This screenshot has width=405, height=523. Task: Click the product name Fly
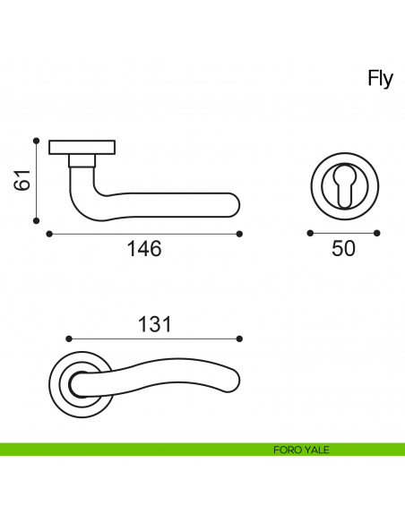click(380, 79)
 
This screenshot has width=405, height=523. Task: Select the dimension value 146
click(143, 250)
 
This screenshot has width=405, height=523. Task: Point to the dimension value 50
click(343, 249)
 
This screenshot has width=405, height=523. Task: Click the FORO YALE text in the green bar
click(301, 450)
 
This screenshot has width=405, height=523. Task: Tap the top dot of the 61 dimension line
click(36, 141)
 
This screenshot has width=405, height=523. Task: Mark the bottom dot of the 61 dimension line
click(36, 220)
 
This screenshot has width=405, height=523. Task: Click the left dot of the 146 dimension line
click(47, 234)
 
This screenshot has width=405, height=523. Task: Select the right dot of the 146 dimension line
click(240, 234)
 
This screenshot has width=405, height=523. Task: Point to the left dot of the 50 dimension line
click(310, 233)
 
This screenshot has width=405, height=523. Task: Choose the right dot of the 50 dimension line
click(377, 233)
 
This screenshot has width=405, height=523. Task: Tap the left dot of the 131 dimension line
click(68, 339)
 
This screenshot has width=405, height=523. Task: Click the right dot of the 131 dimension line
click(240, 339)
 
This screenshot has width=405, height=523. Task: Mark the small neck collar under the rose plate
click(82, 161)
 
